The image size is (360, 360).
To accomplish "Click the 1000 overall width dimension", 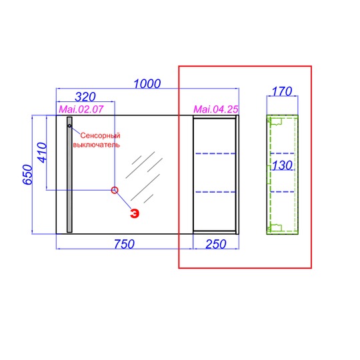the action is pyautogui.click(x=147, y=84).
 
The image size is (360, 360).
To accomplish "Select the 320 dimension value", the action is pyautogui.click(x=85, y=97).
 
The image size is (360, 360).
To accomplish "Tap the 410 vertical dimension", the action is pyautogui.click(x=42, y=153).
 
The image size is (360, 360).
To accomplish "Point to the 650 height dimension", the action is pyautogui.click(x=27, y=175).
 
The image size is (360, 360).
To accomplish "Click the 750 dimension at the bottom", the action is pyautogui.click(x=124, y=244).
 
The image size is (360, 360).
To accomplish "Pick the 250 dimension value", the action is pyautogui.click(x=216, y=244).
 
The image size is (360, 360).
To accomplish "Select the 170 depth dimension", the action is pyautogui.click(x=282, y=91).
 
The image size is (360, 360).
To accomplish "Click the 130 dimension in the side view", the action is pyautogui.click(x=282, y=165).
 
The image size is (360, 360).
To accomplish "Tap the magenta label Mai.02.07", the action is pyautogui.click(x=81, y=109).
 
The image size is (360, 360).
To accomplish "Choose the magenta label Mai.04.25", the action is pyautogui.click(x=216, y=109).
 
